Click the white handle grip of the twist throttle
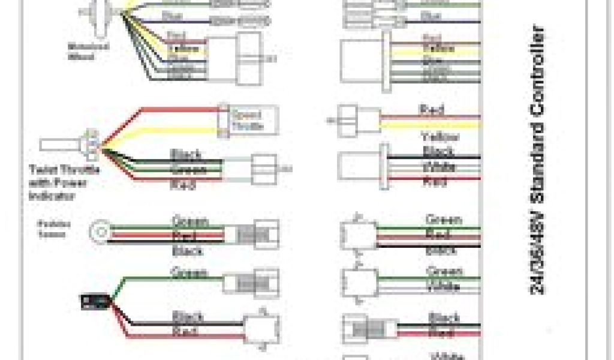click(60, 145)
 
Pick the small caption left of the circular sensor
click(55, 229)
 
